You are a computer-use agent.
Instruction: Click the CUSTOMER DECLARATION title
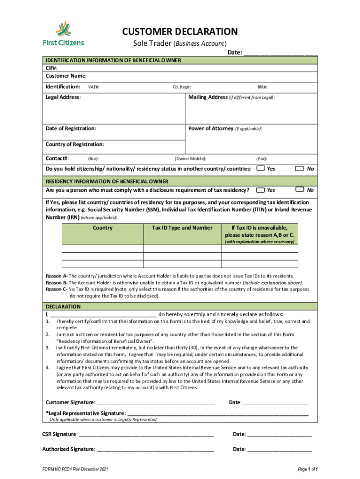(180, 32)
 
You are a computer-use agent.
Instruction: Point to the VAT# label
(94, 87)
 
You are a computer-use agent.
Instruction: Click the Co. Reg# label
(182, 87)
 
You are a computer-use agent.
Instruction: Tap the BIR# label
(262, 87)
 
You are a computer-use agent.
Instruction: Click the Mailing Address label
(208, 97)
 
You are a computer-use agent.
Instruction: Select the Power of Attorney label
(210, 128)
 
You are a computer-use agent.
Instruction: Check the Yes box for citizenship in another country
(261, 168)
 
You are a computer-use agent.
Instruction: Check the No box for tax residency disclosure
(299, 190)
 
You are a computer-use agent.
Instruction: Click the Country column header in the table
(103, 228)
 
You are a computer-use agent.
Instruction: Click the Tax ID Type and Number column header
(182, 228)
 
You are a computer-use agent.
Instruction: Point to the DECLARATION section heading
(63, 307)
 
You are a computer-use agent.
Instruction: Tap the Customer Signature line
(155, 402)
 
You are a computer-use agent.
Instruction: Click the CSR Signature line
(146, 435)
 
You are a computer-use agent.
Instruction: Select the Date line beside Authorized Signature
(279, 449)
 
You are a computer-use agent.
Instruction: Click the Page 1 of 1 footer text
(308, 469)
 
